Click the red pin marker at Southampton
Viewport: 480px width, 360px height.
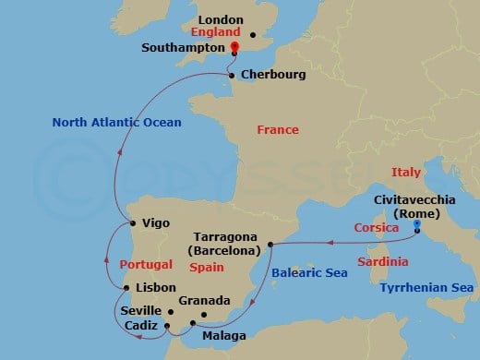click(x=234, y=48)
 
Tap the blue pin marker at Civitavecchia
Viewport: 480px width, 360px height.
click(x=417, y=224)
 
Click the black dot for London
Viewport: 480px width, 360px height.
click(x=253, y=36)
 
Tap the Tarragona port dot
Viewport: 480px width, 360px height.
click(x=270, y=245)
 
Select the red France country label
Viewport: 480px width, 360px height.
click(x=278, y=131)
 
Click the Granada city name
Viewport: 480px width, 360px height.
click(x=204, y=301)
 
